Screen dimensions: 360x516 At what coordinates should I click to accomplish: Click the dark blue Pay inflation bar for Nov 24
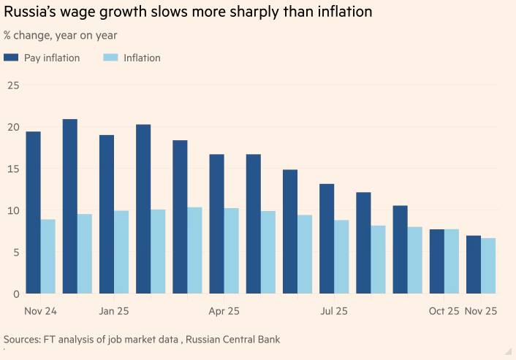33,212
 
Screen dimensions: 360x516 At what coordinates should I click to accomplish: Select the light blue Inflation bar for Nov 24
48,256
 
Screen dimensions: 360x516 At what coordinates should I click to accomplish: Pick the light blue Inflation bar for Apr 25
232,250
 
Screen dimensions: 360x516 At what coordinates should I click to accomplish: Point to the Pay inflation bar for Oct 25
436,261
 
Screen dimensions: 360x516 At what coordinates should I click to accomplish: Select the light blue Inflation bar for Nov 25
488,266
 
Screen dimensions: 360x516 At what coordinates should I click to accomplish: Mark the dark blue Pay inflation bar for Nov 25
474,264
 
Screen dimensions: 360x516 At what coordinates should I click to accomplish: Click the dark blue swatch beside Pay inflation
11,58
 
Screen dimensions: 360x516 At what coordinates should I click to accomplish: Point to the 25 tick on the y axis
12,85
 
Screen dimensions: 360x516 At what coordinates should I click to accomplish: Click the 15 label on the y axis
12,169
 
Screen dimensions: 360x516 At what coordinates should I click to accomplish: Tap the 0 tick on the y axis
15,294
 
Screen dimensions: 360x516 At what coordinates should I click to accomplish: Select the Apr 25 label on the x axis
224,311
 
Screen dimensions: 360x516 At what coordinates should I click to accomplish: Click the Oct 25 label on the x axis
444,311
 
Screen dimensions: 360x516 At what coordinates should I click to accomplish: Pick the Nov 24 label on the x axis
40,311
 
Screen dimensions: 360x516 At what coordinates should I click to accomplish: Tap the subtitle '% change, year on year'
60,35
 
